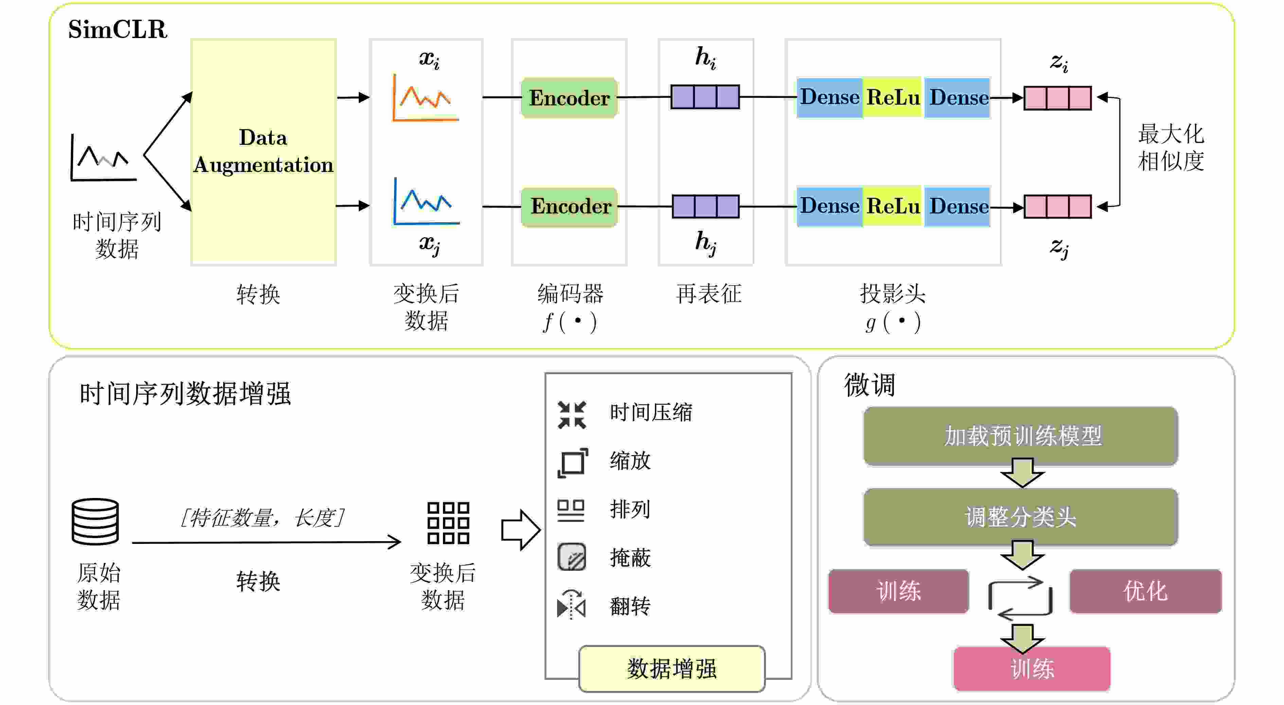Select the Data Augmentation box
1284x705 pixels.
264,152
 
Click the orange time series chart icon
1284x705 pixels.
425,98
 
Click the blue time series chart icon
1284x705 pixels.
426,202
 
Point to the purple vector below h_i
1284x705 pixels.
705,97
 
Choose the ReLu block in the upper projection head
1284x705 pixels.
893,97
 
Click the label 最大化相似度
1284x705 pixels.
1171,148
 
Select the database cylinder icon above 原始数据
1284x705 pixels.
95,521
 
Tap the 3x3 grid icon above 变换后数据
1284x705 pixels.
448,523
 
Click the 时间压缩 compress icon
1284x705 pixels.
572,415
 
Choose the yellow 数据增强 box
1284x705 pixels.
672,669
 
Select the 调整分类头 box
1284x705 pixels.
1021,517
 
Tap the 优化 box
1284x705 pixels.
1145,591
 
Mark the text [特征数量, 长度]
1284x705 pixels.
262,517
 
